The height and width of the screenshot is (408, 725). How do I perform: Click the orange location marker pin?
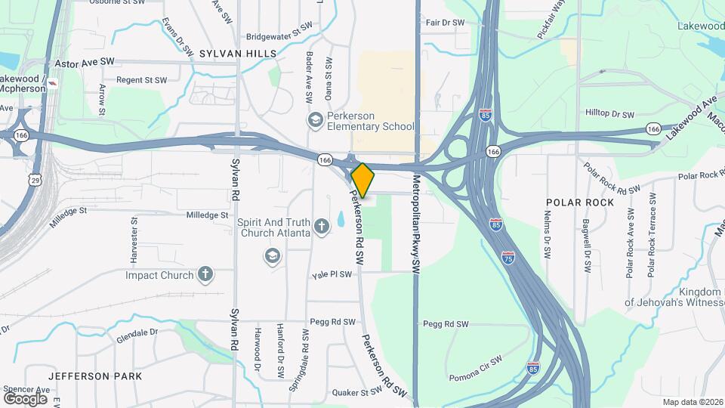pyautogui.click(x=362, y=180)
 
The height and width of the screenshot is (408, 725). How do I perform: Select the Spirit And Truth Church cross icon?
pyautogui.click(x=322, y=226)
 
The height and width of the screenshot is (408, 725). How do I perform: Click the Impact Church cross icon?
pyautogui.click(x=205, y=274)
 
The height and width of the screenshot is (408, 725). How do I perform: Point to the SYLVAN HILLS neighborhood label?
pyautogui.click(x=238, y=53)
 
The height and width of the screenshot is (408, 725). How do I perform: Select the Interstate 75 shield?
pyautogui.click(x=510, y=258)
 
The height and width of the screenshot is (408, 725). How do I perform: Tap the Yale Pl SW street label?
pyautogui.click(x=332, y=274)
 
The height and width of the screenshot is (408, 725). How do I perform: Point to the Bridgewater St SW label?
pyautogui.click(x=278, y=36)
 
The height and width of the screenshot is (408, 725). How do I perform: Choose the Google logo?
pyautogui.click(x=25, y=398)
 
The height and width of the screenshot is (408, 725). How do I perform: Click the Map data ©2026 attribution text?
pyautogui.click(x=692, y=402)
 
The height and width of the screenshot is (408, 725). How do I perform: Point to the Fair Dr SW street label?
pyautogui.click(x=446, y=23)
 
